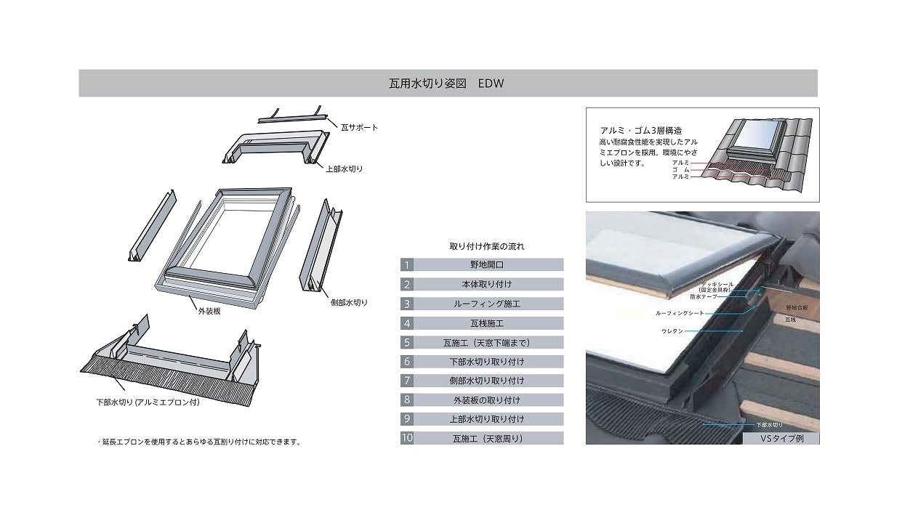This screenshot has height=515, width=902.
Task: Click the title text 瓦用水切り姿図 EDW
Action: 446,84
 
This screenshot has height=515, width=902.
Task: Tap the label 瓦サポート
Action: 359,127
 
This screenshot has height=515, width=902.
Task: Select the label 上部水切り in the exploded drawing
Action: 344,169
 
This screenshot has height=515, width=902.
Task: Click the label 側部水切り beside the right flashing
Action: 349,302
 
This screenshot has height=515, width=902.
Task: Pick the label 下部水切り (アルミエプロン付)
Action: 148,402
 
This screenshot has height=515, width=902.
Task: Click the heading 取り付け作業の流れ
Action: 486,246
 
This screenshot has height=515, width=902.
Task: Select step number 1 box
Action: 407,265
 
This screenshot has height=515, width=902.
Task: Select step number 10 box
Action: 407,439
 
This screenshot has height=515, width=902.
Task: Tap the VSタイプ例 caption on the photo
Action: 780,439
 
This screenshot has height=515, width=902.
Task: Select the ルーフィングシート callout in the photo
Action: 679,314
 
